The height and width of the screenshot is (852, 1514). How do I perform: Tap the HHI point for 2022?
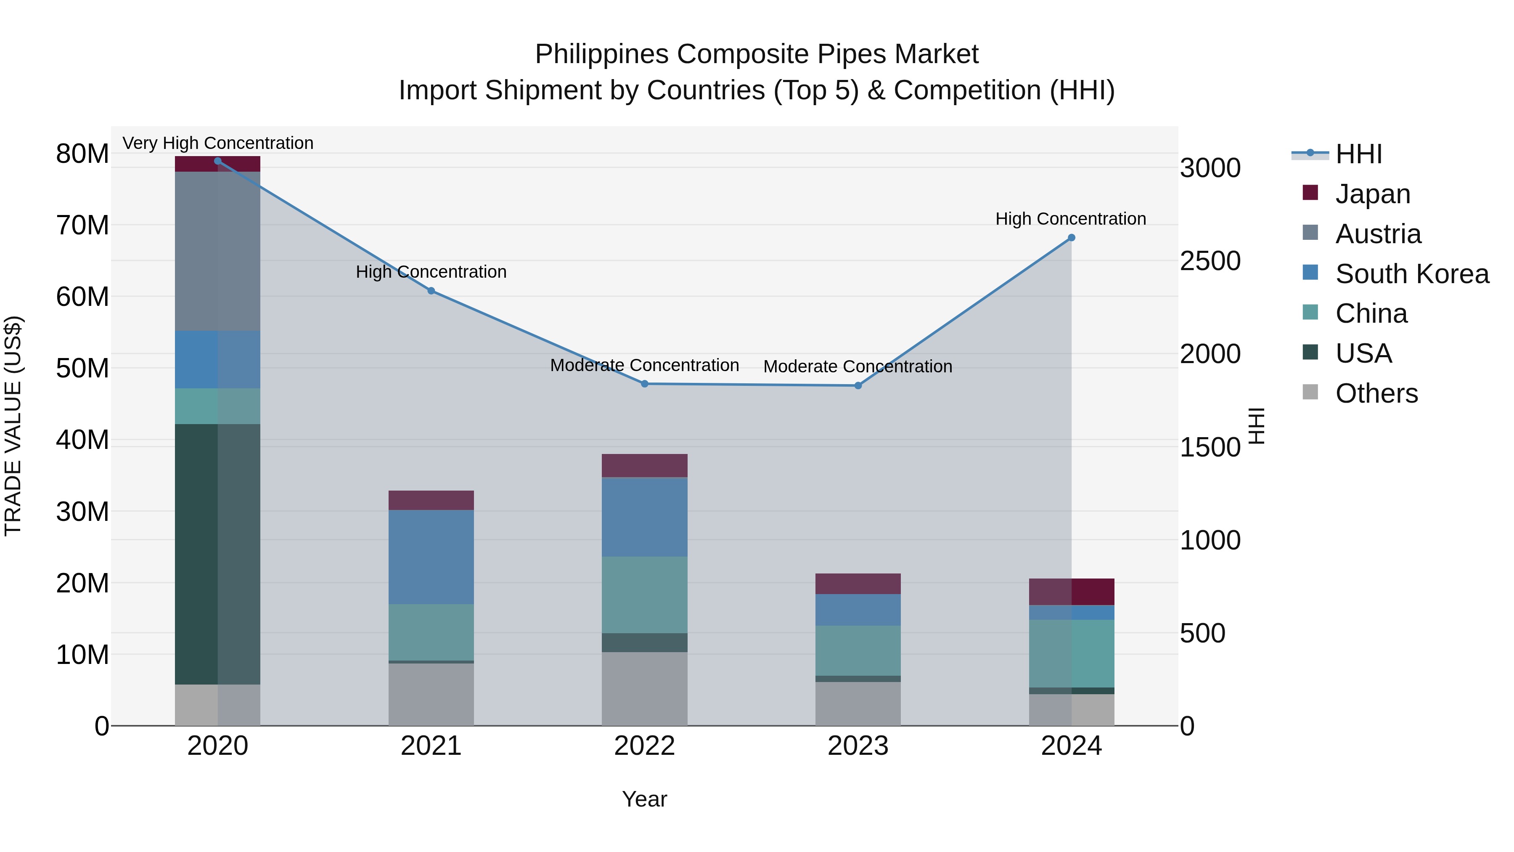coord(644,384)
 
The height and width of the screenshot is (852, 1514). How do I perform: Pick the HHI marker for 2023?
coord(858,386)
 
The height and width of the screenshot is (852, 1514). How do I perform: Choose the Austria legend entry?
coord(1378,234)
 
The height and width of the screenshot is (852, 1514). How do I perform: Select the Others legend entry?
coord(1376,393)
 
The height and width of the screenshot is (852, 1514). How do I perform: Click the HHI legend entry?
coord(1358,154)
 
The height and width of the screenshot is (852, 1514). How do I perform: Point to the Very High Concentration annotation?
coord(218,143)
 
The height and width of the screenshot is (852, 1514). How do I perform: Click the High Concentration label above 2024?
coord(1070,219)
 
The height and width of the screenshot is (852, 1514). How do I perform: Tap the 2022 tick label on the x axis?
coord(644,746)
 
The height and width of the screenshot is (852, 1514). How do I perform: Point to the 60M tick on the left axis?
coord(82,297)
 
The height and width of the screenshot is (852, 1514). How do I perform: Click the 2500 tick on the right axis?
coord(1210,261)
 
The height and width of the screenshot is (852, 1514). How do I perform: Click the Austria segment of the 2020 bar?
coord(217,251)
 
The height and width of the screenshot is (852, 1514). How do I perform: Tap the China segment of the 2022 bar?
coord(644,595)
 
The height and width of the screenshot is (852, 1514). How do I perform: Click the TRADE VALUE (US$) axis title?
coord(13,426)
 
